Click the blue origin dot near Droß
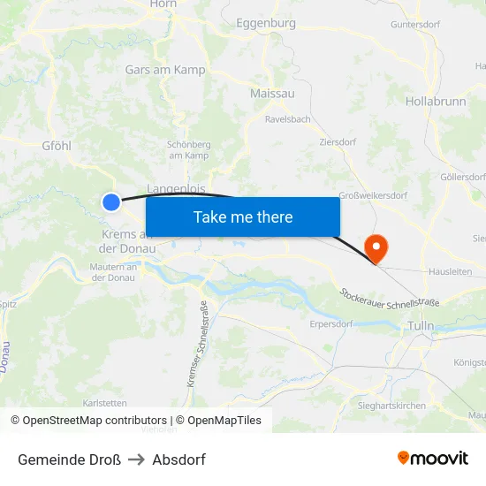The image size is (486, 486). click(x=111, y=202)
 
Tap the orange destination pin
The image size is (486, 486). click(x=376, y=247)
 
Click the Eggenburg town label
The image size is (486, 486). click(x=265, y=24)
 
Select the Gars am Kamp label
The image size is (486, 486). click(x=165, y=70)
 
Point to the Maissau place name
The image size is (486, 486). click(x=272, y=93)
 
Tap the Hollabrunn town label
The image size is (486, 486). click(x=436, y=102)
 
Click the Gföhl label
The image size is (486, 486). click(x=56, y=146)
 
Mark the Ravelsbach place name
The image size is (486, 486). click(x=287, y=118)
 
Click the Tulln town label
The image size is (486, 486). click(x=421, y=326)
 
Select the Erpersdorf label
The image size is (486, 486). click(x=331, y=323)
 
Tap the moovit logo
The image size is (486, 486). click(x=433, y=459)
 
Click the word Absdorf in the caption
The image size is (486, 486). click(x=178, y=459)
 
